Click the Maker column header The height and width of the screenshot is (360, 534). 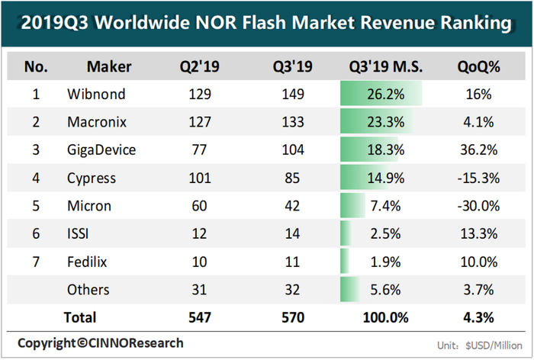coord(109,67)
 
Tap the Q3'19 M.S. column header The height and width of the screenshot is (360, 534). coord(379,67)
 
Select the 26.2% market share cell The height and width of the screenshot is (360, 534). coord(379,95)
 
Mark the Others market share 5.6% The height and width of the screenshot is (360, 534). coord(379,290)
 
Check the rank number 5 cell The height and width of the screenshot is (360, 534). coord(36,206)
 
